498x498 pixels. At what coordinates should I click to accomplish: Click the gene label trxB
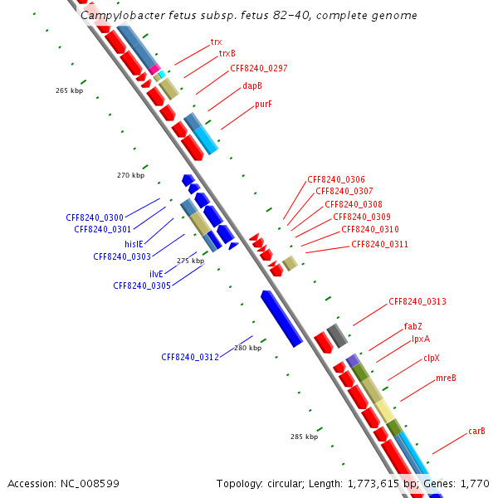[227, 54]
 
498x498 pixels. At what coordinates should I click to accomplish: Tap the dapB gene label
[252, 85]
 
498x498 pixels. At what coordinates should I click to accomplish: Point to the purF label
[263, 105]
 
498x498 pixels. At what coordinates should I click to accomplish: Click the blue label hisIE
[135, 244]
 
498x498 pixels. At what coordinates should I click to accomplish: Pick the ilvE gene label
[157, 274]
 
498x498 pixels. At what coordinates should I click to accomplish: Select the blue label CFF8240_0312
[190, 357]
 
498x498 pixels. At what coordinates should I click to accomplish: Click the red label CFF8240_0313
[417, 302]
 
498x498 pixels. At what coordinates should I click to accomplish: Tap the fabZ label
[413, 326]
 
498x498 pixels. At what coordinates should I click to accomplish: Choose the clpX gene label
[432, 358]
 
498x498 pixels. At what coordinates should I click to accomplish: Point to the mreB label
[446, 378]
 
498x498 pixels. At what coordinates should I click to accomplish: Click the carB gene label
[476, 431]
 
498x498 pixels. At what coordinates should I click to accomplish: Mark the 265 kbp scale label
[70, 90]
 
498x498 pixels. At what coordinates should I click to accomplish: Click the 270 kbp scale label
[130, 175]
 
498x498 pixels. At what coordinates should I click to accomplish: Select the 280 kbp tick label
[247, 348]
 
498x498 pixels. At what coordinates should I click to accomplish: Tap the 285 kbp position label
[304, 437]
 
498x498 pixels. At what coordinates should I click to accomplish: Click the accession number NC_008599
[92, 483]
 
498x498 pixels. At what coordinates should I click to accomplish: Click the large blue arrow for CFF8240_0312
[281, 318]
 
